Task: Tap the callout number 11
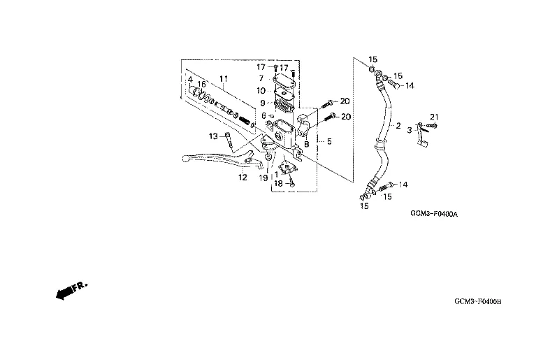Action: point(224,78)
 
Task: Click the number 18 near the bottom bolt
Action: point(278,183)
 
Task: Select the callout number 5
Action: point(329,141)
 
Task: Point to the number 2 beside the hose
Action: point(398,127)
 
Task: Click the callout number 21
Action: point(433,115)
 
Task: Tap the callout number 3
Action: point(410,130)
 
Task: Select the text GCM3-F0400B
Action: point(478,301)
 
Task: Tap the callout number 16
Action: point(201,85)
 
